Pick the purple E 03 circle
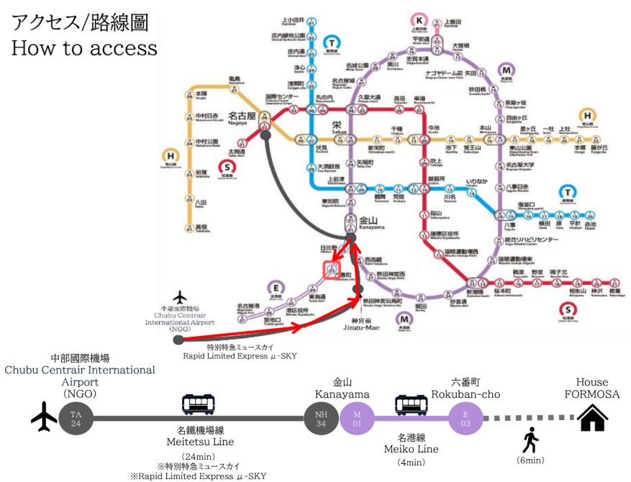[465, 417]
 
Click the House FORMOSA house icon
[592, 417]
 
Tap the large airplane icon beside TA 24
[43, 417]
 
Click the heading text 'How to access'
[83, 48]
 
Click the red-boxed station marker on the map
[331, 270]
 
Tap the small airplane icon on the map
[179, 297]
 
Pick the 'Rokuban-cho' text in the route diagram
[465, 394]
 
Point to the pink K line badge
[418, 21]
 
